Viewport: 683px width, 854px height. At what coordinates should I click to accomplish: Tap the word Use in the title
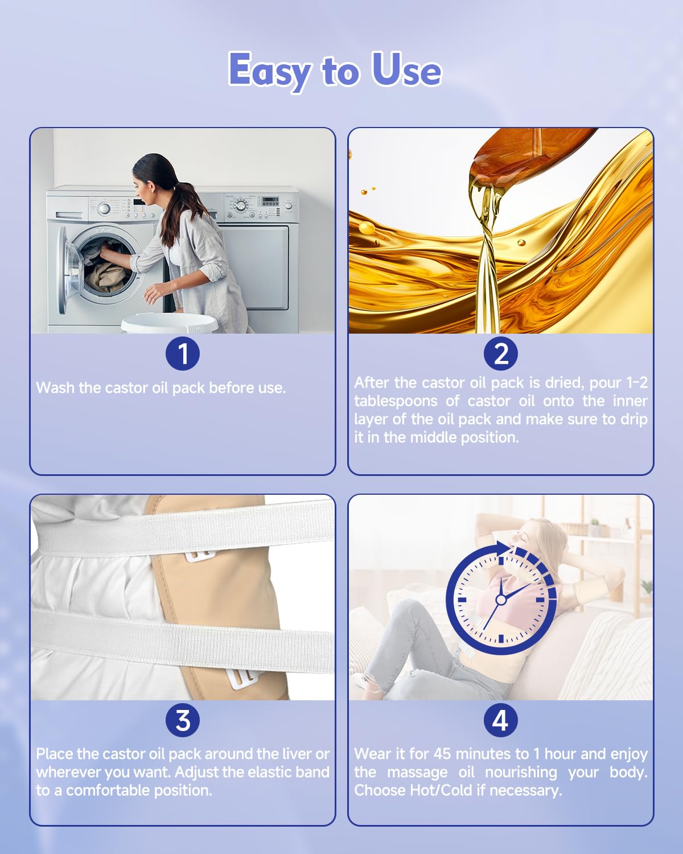[406, 69]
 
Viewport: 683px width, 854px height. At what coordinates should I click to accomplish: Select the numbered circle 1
[183, 353]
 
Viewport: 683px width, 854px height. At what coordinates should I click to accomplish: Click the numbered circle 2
[501, 353]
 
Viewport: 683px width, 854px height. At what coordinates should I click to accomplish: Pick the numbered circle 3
[183, 720]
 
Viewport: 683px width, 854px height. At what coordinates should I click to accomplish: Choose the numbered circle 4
[501, 720]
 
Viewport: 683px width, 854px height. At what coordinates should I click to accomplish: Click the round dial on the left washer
[104, 208]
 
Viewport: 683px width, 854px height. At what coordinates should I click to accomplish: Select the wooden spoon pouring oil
[524, 159]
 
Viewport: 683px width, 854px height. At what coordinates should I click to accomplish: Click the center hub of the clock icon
[501, 600]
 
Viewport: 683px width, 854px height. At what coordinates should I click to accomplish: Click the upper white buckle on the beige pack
[199, 556]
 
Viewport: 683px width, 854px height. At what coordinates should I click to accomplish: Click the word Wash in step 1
[55, 388]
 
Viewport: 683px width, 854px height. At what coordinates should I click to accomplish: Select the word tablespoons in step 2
[396, 401]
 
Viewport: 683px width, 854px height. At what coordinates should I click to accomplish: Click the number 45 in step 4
[442, 754]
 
